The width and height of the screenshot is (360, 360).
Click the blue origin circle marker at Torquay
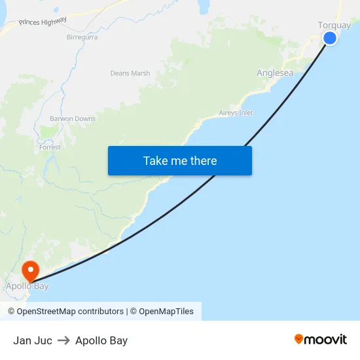pyautogui.click(x=330, y=38)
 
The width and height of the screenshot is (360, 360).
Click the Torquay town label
pyautogui.click(x=334, y=26)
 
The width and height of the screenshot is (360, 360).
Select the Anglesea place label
pyautogui.click(x=275, y=73)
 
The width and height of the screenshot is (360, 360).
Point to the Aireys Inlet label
pyautogui.click(x=236, y=113)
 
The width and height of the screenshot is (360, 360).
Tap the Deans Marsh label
pyautogui.click(x=130, y=73)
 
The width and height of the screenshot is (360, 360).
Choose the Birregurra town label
pyautogui.click(x=82, y=37)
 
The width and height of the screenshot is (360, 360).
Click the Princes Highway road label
pyautogui.click(x=43, y=22)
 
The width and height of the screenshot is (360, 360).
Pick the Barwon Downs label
pyautogui.click(x=73, y=119)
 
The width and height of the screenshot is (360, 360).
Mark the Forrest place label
pyautogui.click(x=50, y=147)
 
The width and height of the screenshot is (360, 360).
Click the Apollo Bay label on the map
pyautogui.click(x=27, y=286)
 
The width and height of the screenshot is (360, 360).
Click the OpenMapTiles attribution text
pyautogui.click(x=166, y=312)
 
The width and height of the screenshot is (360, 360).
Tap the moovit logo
pyautogui.click(x=320, y=340)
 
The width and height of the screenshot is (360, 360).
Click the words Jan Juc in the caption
pyautogui.click(x=33, y=340)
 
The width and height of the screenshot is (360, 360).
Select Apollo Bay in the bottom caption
pyautogui.click(x=101, y=340)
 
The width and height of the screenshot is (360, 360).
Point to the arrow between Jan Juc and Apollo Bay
pyautogui.click(x=64, y=340)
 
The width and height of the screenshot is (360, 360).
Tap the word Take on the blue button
pyautogui.click(x=156, y=161)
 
